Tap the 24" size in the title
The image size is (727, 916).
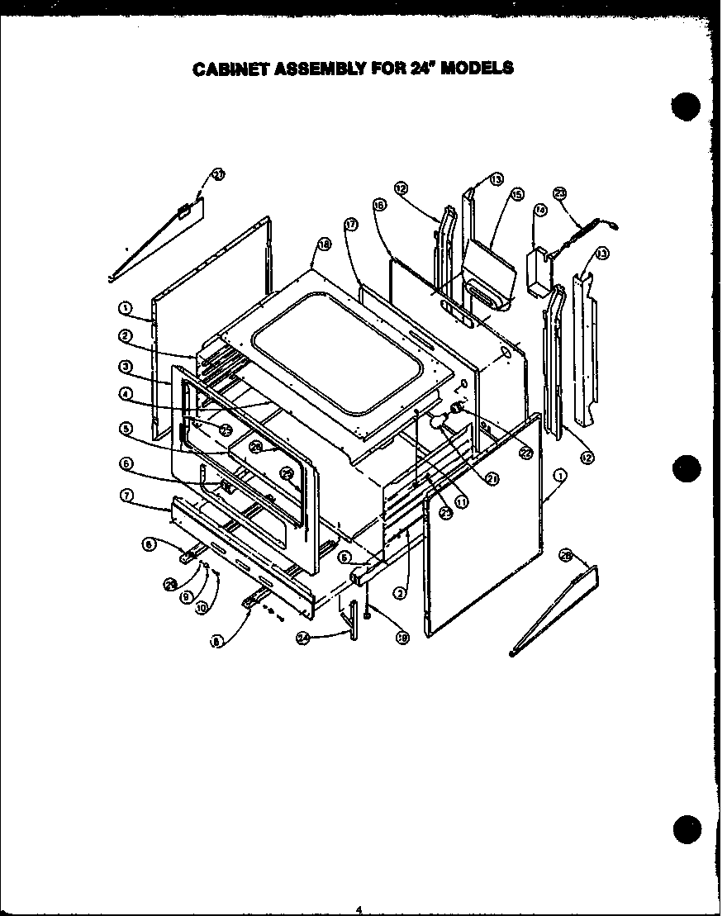(420, 68)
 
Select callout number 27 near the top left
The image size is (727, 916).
(218, 174)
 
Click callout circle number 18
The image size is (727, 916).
(323, 244)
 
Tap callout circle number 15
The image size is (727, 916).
(517, 195)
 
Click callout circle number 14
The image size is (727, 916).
(541, 211)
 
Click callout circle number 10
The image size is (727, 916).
(200, 607)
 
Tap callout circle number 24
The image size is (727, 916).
(303, 637)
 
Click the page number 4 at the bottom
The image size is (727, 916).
(359, 909)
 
